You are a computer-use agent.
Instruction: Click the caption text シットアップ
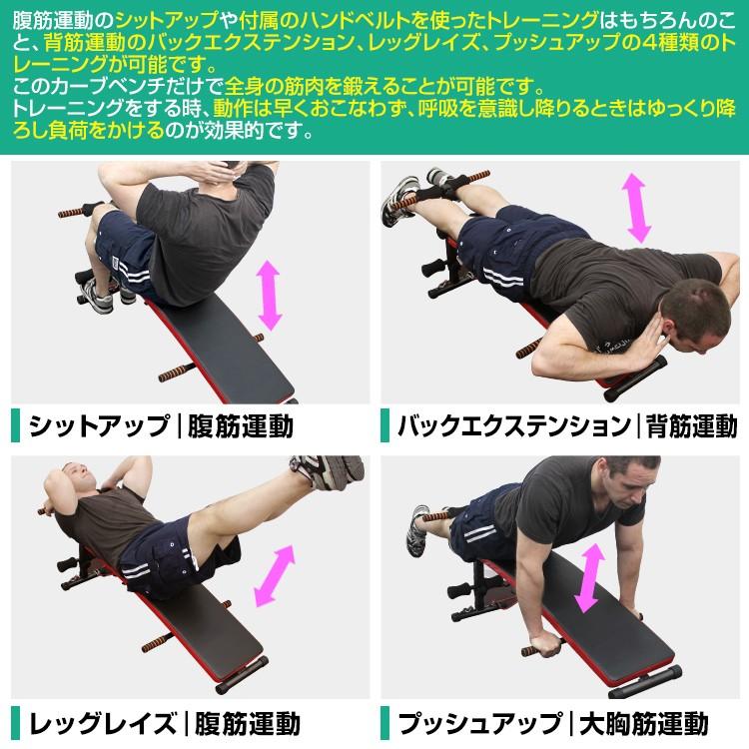click(x=98, y=426)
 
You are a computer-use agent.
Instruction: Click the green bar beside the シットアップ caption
click(x=15, y=426)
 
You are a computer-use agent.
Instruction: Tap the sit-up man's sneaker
click(x=97, y=294)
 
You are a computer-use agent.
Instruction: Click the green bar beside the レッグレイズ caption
click(x=15, y=721)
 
